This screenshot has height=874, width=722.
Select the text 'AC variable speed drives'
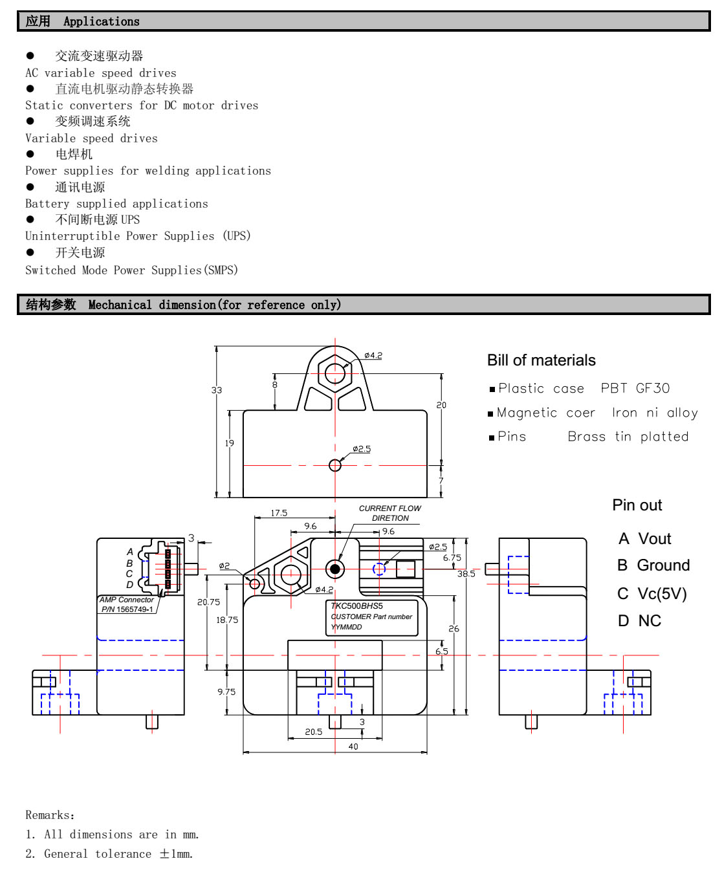[x=100, y=73]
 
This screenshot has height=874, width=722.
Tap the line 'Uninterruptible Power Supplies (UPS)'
[x=138, y=236]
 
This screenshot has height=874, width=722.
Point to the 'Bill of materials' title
[x=541, y=360]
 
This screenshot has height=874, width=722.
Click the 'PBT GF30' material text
[x=635, y=388]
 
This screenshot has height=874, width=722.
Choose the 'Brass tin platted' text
[x=628, y=437]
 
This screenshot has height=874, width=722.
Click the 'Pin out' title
[x=637, y=505]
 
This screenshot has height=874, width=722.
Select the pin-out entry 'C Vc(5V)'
[x=651, y=593]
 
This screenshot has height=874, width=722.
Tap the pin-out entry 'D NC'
[x=639, y=621]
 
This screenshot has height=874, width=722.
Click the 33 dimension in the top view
[x=216, y=390]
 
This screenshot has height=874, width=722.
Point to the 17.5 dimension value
[x=279, y=513]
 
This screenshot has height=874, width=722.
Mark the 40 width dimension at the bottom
[x=353, y=747]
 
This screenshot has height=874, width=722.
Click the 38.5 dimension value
[x=466, y=574]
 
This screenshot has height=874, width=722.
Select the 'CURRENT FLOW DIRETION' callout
[x=389, y=513]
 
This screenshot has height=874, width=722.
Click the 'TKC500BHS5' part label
[x=357, y=606]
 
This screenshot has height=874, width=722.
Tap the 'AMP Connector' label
[x=127, y=600]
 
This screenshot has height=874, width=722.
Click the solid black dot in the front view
[x=334, y=569]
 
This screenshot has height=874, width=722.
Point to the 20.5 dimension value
[x=314, y=732]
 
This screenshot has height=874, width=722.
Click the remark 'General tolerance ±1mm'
[x=109, y=854]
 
